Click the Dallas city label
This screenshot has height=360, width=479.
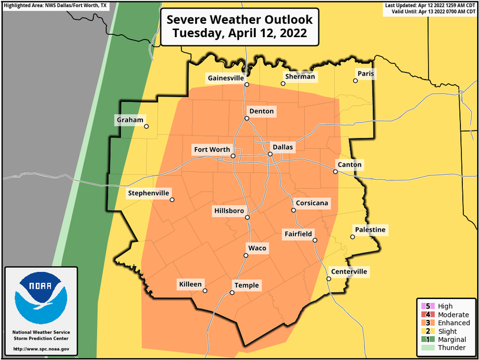(283, 146)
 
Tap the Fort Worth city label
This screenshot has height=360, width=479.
(211, 149)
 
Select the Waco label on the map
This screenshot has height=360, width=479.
(257, 248)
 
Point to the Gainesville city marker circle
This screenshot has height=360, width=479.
(246, 85)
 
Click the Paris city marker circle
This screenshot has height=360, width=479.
(355, 81)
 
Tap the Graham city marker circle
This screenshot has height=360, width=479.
(146, 126)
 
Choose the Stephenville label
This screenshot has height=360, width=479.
(147, 193)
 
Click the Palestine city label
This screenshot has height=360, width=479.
(370, 229)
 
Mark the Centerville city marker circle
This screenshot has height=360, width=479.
(329, 279)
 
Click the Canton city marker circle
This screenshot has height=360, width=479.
(336, 172)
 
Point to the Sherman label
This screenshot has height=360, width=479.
(299, 77)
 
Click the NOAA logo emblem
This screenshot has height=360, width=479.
(41, 297)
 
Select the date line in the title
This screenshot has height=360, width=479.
(239, 34)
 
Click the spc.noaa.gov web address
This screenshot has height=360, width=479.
(41, 349)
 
